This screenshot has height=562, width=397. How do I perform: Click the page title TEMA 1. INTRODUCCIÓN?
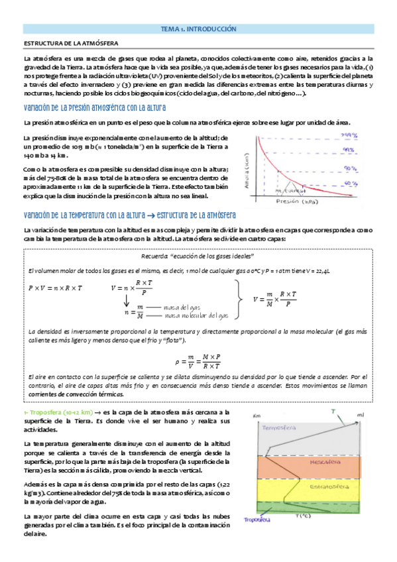(198, 30)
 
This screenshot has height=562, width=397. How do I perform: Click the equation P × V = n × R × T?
(56, 288)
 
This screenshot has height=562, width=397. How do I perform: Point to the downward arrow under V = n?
(127, 302)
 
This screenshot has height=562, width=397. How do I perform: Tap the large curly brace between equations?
(237, 299)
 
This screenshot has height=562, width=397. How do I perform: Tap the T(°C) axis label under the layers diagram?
(304, 516)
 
